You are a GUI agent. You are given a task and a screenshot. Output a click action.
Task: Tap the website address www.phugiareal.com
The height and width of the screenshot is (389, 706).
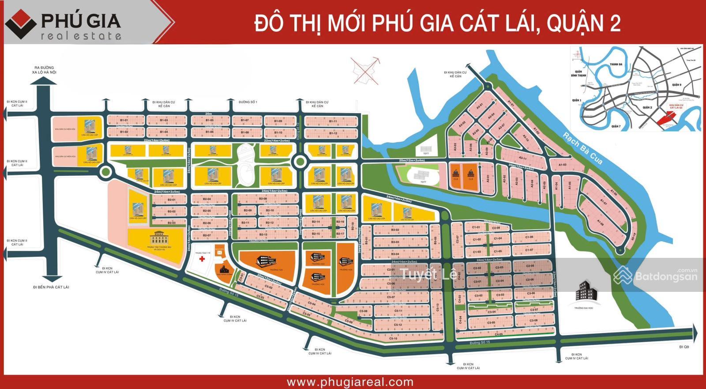coord(350,382)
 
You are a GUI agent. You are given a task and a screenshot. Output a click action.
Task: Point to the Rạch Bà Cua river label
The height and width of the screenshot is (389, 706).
coord(582,148)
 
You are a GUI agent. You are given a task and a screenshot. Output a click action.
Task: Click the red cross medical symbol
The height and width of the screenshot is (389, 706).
coord(202,259)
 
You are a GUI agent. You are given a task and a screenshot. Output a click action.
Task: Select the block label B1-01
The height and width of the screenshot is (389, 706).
coord(124,120)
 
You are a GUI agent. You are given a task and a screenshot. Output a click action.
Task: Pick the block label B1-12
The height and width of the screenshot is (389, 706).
coord(333,133)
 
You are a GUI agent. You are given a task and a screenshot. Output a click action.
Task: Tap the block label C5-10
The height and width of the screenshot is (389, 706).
coord(393,339)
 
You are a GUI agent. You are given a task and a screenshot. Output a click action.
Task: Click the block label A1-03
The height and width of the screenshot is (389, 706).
coord(562,165)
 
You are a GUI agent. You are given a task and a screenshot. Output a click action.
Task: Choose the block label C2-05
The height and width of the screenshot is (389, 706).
coord(530,266)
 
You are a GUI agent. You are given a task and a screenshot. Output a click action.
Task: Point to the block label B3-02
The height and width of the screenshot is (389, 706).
coord(395,230)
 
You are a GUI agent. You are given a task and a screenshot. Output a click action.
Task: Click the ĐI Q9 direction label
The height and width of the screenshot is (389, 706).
coord(683,347)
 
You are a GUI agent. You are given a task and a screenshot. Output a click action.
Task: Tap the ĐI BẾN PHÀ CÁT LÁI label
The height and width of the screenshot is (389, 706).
coord(51,287)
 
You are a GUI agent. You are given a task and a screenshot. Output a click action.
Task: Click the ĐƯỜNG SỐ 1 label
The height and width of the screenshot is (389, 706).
coord(248,102)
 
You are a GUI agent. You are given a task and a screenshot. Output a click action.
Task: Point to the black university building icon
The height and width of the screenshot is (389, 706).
coord(586,293)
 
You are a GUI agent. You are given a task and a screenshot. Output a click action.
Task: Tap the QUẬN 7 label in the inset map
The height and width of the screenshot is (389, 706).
coord(616,126)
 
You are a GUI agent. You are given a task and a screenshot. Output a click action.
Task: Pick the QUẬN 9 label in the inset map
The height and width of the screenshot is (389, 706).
coord(676,85)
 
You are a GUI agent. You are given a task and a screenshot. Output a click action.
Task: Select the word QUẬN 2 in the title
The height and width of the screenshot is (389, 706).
coord(583,23)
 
